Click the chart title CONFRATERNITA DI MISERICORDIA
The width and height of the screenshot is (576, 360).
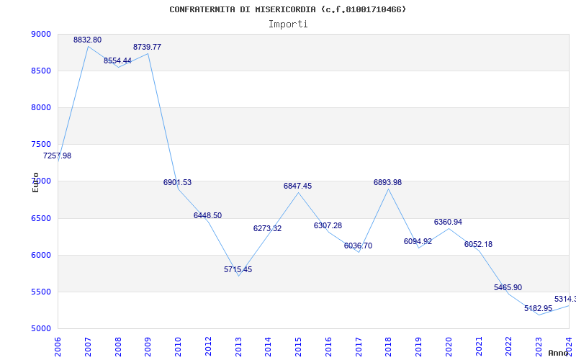point(287,9)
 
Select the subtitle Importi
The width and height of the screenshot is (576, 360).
point(288,24)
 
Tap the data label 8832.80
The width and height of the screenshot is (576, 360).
point(87,40)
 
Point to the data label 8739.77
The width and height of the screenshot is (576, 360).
point(147,47)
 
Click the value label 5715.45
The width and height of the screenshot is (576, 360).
point(238,269)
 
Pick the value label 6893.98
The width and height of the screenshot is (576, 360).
point(387,182)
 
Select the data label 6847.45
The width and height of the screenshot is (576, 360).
point(297,186)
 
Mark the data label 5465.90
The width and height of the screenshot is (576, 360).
point(508,287)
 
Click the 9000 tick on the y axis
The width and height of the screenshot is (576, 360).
point(41,34)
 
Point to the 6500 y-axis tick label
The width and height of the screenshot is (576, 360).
point(41,218)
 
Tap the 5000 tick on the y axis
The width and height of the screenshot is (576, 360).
point(41,328)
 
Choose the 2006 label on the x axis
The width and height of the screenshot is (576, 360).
point(58,346)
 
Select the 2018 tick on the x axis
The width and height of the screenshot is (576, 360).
point(389,346)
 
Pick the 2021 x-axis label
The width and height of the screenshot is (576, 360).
point(479,346)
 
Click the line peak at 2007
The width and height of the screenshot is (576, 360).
point(88,46)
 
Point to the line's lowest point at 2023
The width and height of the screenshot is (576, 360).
point(539,315)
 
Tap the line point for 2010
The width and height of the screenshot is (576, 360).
point(178,188)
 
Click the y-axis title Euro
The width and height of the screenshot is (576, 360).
point(35,182)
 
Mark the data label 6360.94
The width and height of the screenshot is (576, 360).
point(448,222)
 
